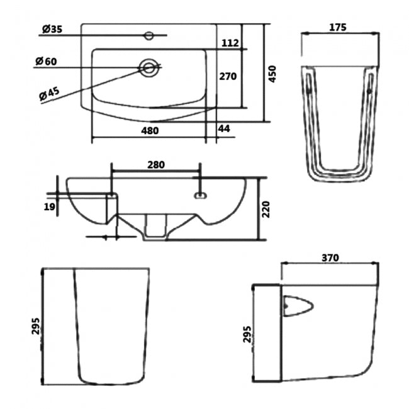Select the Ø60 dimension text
pyautogui.click(x=47, y=61)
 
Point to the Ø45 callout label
pyautogui.click(x=49, y=92)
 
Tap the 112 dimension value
pyautogui.click(x=231, y=43)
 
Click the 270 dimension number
pyautogui.click(x=227, y=76)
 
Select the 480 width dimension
pyautogui.click(x=149, y=131)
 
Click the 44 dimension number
pyautogui.click(x=223, y=129)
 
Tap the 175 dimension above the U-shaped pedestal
pyautogui.click(x=339, y=28)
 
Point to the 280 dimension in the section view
pyautogui.click(x=155, y=165)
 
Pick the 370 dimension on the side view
pyautogui.click(x=330, y=257)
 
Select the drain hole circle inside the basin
pyautogui.click(x=149, y=67)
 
